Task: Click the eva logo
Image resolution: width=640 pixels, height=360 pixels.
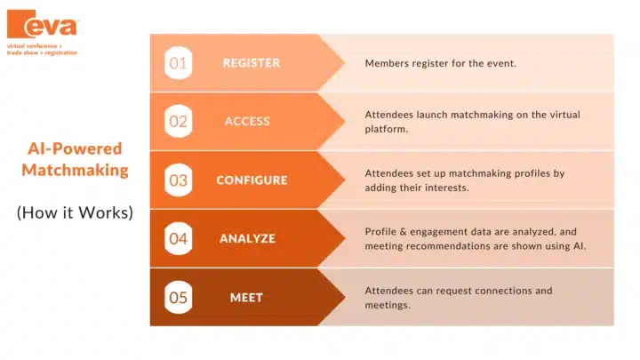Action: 43,24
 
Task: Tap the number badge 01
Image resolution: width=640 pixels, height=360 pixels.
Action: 178,63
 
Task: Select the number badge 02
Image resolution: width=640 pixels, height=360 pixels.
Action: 178,121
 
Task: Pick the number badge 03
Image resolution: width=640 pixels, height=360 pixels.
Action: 178,180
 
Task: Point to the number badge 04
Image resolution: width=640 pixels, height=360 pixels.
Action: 178,239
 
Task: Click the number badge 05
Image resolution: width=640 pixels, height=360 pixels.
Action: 178,298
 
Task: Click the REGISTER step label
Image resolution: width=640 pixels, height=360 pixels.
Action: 252,63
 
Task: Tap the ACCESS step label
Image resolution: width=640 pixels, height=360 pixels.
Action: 247,121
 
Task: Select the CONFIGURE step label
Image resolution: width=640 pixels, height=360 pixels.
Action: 252,180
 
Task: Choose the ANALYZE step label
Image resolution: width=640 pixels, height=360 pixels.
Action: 247,239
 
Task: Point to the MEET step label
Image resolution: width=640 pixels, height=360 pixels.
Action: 246,298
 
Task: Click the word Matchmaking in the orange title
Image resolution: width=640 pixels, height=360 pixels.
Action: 75,170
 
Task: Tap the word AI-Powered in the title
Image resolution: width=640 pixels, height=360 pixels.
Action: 75,148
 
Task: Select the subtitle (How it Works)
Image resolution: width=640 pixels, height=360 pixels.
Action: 75,212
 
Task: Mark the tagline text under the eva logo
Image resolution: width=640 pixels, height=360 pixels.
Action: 42,50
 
